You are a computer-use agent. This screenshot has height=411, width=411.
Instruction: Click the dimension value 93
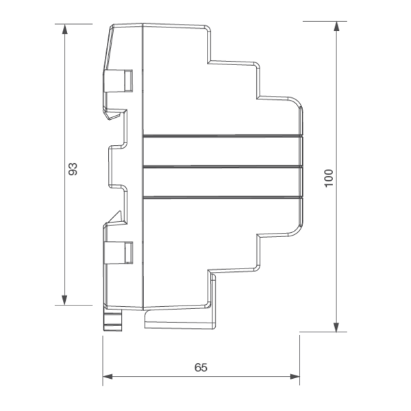(x=73, y=169)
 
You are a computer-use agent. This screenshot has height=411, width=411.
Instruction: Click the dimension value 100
(x=329, y=178)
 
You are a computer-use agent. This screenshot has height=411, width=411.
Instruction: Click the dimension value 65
(x=201, y=367)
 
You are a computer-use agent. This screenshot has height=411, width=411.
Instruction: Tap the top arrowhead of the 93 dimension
(x=64, y=29)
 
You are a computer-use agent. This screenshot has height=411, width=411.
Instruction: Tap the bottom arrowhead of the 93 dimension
(x=64, y=300)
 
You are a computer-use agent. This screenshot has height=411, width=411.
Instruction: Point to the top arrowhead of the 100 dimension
(x=336, y=27)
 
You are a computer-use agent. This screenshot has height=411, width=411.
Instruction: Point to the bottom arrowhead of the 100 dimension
(x=336, y=327)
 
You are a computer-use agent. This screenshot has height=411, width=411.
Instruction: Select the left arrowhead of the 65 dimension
(x=108, y=377)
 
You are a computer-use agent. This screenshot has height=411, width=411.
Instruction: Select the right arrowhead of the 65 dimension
(x=295, y=377)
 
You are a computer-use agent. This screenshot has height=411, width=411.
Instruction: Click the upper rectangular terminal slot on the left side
(x=119, y=81)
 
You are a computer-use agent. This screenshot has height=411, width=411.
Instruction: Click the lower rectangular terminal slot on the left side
(x=119, y=253)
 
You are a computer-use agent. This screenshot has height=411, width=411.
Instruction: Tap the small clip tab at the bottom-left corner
(x=113, y=321)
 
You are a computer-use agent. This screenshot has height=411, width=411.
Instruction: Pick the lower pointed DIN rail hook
(x=113, y=218)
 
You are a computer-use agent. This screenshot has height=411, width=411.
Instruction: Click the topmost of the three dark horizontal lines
(x=223, y=136)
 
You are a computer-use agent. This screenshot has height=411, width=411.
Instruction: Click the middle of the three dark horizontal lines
(x=223, y=166)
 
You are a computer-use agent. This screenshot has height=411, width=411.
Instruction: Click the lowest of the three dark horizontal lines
(x=223, y=197)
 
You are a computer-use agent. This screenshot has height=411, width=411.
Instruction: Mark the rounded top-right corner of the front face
(x=296, y=104)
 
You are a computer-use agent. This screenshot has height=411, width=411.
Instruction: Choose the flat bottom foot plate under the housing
(x=179, y=319)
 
